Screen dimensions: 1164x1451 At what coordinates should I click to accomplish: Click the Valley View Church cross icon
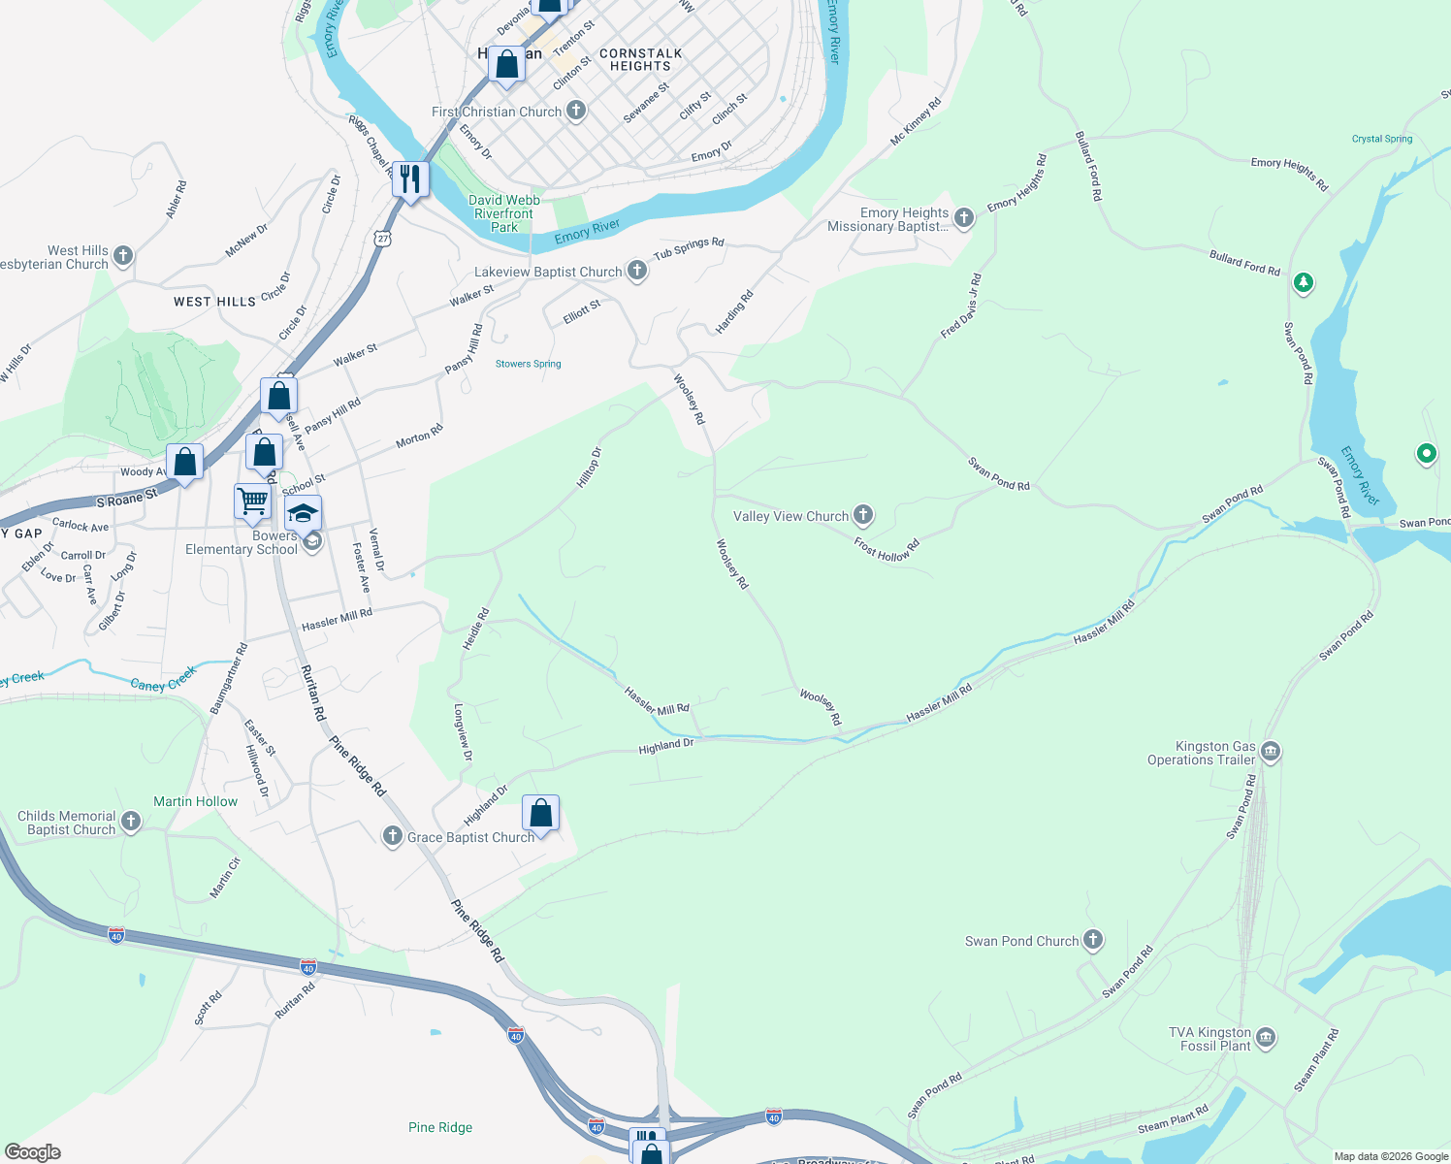(863, 515)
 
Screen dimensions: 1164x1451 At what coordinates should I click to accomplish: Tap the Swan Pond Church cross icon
(1093, 939)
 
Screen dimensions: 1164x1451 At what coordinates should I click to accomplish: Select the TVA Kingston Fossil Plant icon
(1266, 1039)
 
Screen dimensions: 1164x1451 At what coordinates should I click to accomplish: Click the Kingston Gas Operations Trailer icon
(1270, 752)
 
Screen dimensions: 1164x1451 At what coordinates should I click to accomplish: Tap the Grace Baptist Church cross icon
(392, 836)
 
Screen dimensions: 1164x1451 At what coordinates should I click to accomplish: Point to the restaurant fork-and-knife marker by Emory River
(411, 179)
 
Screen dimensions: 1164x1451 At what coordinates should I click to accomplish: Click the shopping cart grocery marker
(252, 501)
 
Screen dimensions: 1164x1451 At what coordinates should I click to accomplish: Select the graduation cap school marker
(303, 513)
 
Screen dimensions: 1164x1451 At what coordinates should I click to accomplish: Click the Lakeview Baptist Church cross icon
(637, 271)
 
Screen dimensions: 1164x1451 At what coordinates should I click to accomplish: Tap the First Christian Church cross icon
(576, 111)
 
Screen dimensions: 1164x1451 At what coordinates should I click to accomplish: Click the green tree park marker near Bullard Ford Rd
(1304, 282)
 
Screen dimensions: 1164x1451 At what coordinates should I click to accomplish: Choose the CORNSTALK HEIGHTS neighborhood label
(640, 60)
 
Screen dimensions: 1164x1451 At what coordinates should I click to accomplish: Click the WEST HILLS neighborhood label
(214, 302)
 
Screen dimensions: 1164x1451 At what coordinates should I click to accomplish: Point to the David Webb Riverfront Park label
(503, 213)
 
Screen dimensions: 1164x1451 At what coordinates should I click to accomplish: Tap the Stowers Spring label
(528, 364)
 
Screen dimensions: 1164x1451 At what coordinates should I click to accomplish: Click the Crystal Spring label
(1381, 139)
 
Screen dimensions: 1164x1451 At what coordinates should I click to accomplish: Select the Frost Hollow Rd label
(887, 549)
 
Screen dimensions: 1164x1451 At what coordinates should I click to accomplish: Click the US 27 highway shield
(384, 238)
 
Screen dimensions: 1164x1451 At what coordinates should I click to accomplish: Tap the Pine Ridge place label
(440, 1127)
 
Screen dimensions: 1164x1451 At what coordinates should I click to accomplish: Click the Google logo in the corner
(32, 1151)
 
